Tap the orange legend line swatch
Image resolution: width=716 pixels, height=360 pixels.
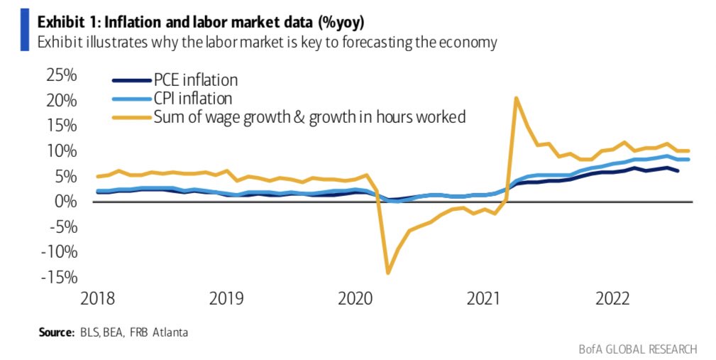coord(131,117)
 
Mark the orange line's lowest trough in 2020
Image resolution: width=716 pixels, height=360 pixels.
coord(388,272)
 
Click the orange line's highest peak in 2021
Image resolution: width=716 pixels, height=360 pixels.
coord(516,98)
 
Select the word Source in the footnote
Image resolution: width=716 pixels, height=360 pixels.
coord(53,332)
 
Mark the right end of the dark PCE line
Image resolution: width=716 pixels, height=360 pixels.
coord(678,170)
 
